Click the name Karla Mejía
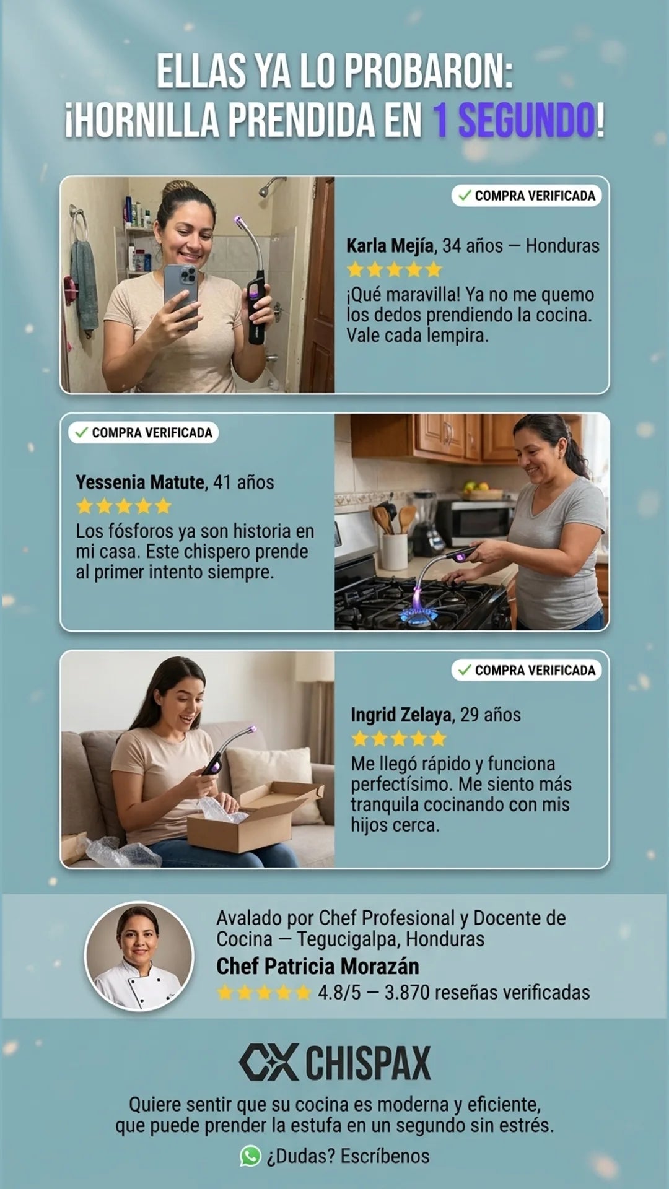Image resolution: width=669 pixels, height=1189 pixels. pos(390,246)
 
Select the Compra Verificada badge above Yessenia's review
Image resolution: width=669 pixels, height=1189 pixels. pos(144,432)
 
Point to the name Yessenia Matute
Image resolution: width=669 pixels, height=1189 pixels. pos(140,482)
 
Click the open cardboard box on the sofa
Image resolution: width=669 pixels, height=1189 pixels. pos(255,817)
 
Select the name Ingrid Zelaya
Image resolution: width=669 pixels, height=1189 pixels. pos(401,715)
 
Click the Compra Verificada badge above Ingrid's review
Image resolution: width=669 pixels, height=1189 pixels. pos(527,670)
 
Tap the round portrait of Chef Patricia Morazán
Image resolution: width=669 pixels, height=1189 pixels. pos(139,956)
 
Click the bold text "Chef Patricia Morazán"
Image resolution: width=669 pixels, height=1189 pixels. pos(317,966)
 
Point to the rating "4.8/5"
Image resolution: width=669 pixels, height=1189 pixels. pos(339,993)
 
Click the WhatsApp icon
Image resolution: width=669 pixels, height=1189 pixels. pos(250,1156)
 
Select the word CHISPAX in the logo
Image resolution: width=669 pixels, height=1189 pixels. pos(368,1063)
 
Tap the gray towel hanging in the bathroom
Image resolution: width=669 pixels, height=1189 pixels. pos(84,285)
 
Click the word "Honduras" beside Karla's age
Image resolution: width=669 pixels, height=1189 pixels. pos(562,246)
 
